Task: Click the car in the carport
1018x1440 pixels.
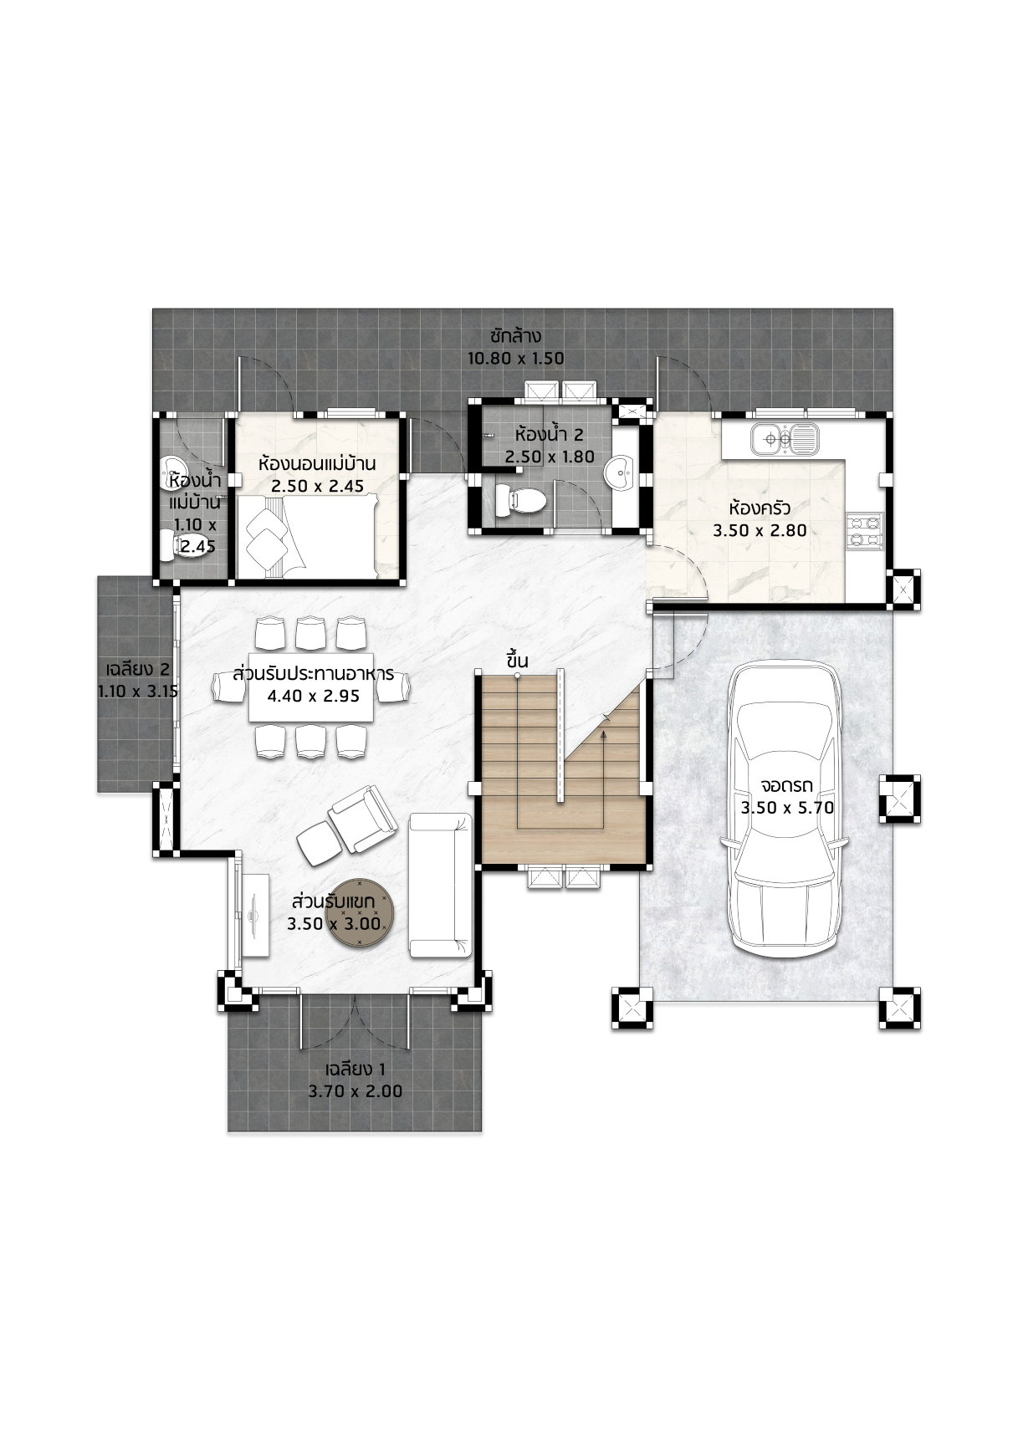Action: click(787, 807)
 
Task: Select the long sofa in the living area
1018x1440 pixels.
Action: click(440, 886)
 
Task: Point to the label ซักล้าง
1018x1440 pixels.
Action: click(515, 336)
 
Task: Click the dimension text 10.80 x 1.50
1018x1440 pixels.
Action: click(515, 359)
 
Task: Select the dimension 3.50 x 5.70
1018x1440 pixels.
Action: click(787, 808)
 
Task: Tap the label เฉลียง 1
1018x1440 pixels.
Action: click(355, 1070)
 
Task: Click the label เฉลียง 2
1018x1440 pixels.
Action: click(138, 669)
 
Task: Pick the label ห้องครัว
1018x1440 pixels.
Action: click(760, 508)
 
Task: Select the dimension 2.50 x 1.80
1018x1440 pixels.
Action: click(550, 457)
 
